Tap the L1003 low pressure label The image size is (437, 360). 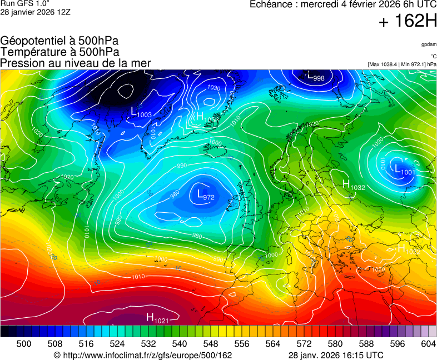click(141, 112)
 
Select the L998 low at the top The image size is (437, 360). click(316, 77)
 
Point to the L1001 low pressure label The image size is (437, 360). click(404, 170)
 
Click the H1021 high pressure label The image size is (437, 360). click(157, 318)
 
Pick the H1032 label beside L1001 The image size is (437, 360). click(353, 186)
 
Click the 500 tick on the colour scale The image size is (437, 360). click(24, 344)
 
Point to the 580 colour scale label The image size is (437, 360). click(335, 344)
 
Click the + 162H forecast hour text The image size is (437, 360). click(408, 22)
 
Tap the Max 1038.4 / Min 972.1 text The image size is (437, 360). click(402, 64)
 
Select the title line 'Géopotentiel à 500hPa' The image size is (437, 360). click(59, 41)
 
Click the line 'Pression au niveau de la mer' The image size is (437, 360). click(76, 63)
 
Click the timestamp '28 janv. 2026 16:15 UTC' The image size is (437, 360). click(336, 355)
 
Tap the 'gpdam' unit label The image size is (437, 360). click(429, 44)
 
